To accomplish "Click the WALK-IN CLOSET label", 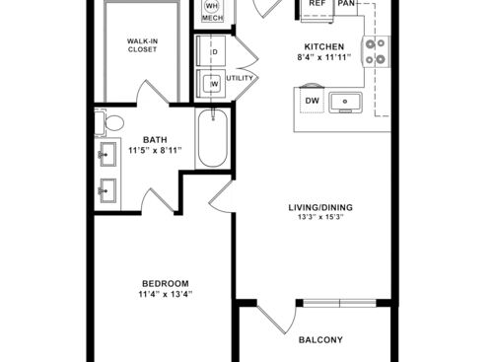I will pyautogui.click(x=144, y=45).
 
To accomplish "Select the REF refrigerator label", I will pyautogui.click(x=317, y=4).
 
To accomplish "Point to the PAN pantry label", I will pyautogui.click(x=346, y=4).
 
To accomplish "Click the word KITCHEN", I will pyautogui.click(x=323, y=46).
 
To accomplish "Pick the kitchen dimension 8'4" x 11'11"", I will pyautogui.click(x=323, y=57).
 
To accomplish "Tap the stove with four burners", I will pyautogui.click(x=376, y=50).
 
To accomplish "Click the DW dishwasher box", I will pyautogui.click(x=312, y=100).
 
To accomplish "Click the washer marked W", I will pyautogui.click(x=211, y=85).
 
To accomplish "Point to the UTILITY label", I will pyautogui.click(x=240, y=78).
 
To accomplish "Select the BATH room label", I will pyautogui.click(x=156, y=139).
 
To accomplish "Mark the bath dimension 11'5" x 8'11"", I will pyautogui.click(x=156, y=151).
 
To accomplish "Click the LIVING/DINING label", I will pyautogui.click(x=319, y=207).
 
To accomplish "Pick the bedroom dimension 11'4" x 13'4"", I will pyautogui.click(x=165, y=293).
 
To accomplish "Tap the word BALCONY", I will pyautogui.click(x=320, y=340).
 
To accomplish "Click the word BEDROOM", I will pyautogui.click(x=165, y=281).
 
